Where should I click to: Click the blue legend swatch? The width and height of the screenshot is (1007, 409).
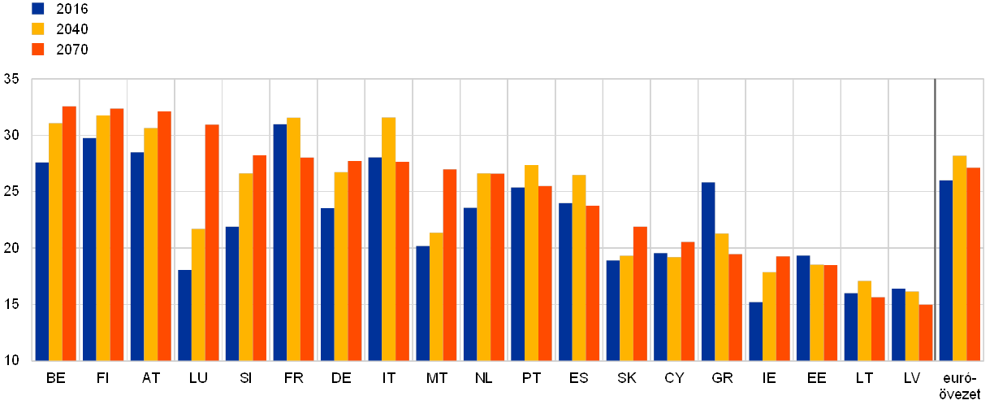[38, 9]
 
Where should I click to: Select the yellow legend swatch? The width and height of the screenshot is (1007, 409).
[38, 29]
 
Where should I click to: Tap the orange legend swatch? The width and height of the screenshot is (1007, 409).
[38, 50]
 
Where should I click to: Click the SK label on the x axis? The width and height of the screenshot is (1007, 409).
[627, 377]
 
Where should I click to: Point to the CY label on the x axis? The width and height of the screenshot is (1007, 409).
[674, 377]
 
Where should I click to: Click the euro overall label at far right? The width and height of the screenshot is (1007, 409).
[960, 385]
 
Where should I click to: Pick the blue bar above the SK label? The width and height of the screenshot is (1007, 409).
[612, 310]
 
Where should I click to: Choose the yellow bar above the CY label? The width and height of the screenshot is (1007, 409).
[674, 308]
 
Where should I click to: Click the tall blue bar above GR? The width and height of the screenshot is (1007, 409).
[708, 271]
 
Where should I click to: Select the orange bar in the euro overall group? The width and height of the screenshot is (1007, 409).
[974, 263]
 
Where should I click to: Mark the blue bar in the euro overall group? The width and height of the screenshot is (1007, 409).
[945, 270]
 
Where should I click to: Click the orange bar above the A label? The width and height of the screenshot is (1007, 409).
[164, 236]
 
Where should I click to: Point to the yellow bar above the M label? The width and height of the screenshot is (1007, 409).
[437, 296]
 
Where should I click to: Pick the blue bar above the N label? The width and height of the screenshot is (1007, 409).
[469, 284]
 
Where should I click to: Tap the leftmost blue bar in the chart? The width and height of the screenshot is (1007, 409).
[41, 261]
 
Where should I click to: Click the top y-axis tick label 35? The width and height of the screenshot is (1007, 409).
[11, 79]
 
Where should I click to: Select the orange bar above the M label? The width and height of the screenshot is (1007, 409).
[450, 264]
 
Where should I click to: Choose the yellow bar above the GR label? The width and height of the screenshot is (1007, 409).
[722, 297]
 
